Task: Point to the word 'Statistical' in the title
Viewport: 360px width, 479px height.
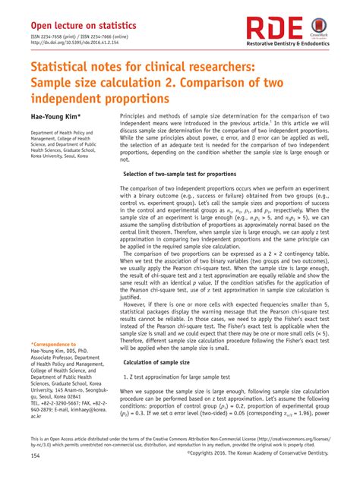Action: click(65, 69)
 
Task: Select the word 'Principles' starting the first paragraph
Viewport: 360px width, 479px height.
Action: click(134, 117)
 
